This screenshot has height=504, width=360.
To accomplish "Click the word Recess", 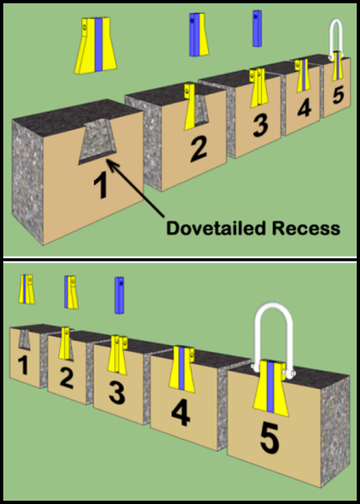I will tap(308, 229).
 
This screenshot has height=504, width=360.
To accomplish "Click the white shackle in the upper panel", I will tap(335, 38).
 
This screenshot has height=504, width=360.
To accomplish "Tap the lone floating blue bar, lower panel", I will tap(119, 296).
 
